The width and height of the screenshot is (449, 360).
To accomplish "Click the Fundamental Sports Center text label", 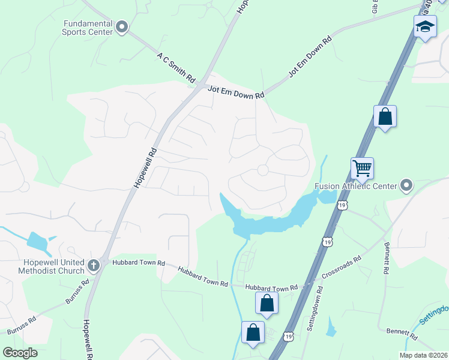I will (88, 27).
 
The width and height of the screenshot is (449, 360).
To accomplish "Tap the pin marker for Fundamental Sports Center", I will (122, 26).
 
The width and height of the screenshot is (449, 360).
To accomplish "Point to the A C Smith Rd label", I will (176, 67).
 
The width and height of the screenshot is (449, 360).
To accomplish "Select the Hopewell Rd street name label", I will (146, 168).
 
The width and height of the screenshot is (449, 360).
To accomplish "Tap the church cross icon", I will (94, 265).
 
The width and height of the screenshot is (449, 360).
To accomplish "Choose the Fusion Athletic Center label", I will (356, 186).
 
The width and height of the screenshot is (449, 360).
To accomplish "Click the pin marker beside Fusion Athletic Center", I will (406, 185).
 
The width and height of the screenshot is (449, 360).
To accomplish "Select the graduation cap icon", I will (425, 26).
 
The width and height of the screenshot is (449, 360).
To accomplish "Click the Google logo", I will (20, 352).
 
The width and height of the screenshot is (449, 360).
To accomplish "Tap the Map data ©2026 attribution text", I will (423, 355).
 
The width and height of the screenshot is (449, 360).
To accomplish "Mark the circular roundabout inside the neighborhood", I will (262, 170).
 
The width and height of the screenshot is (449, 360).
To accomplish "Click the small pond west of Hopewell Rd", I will (37, 242).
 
